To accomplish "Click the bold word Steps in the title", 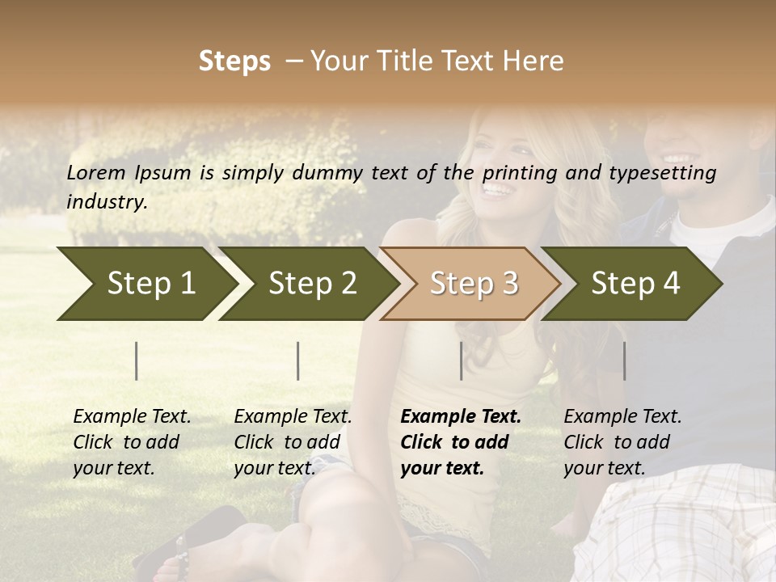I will point(234,61).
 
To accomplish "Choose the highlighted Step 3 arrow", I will point(474,283).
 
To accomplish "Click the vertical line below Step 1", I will point(137,361).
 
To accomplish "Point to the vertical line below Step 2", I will point(298,361).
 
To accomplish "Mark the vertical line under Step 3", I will point(462,361).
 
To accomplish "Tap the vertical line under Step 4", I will point(624,361).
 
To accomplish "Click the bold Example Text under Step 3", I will point(461,442).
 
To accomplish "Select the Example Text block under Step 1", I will point(132,442).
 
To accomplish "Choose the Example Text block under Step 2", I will point(293,442).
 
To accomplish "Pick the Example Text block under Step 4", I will point(622,442).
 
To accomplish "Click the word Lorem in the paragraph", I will point(96,172).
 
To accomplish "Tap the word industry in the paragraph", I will point(107,201).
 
